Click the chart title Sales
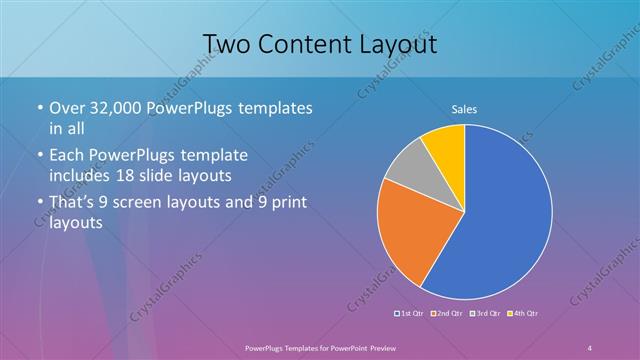(464, 108)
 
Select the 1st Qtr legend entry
(412, 313)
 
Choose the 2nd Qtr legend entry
(448, 313)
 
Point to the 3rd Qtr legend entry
(486, 313)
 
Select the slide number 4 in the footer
(590, 346)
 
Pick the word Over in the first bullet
(68, 108)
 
